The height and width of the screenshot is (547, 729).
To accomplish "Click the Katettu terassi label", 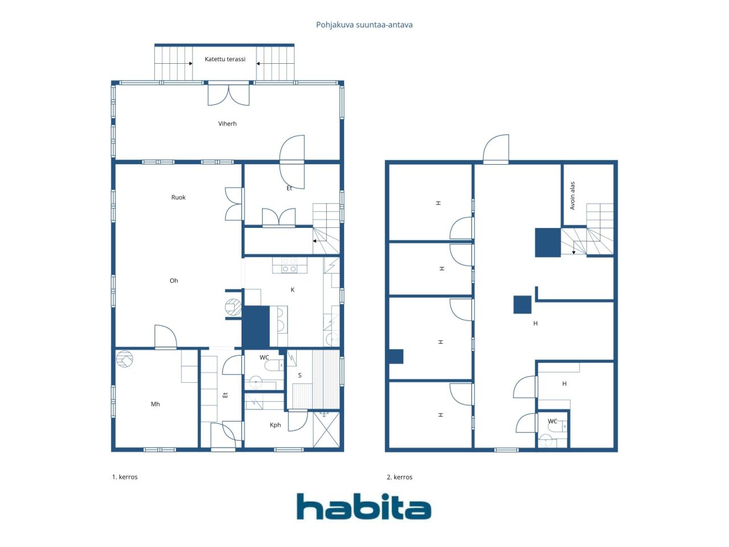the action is click(225, 59).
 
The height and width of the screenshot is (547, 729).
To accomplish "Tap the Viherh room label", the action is click(227, 124).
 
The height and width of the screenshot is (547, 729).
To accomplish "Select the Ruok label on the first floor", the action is click(178, 197).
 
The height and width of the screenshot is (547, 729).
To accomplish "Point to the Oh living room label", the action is click(174, 281).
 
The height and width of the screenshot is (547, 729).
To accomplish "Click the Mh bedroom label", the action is click(155, 404).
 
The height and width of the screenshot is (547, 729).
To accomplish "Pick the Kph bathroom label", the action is click(275, 425).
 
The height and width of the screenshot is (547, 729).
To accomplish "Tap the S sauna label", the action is click(300, 375).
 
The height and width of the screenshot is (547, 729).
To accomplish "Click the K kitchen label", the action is click(292, 289).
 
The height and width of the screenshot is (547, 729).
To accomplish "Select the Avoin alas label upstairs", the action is click(572, 195).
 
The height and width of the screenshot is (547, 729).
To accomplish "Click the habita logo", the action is click(364, 507).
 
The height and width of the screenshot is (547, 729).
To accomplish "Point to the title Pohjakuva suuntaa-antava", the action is click(364, 25).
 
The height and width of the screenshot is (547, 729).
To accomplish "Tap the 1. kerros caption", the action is click(125, 477).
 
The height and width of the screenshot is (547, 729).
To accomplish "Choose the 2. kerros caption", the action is click(399, 477).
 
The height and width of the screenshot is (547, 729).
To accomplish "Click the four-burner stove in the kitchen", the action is click(289, 265).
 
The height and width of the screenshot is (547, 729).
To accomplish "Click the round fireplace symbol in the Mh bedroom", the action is click(125, 359).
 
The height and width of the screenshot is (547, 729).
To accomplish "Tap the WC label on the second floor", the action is click(552, 421).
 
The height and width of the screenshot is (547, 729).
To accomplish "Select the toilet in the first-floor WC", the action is click(274, 365).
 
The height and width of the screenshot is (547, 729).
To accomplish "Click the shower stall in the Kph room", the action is click(326, 430).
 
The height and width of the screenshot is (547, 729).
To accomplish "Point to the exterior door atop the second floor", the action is click(495, 149).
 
